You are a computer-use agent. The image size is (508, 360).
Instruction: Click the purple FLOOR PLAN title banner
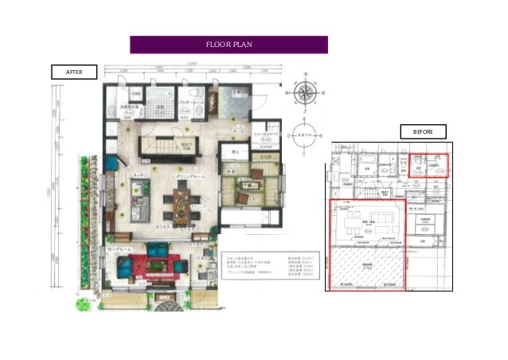(229, 45)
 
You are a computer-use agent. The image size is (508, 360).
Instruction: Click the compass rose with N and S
(304, 92)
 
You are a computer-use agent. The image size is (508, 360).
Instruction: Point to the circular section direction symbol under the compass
(304, 136)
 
